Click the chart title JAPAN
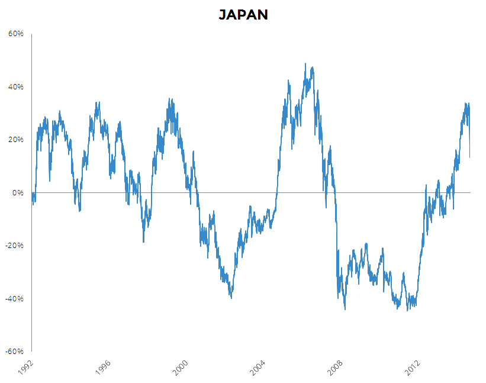243,15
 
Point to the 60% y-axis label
16,34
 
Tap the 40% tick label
16,87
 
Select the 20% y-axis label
16,140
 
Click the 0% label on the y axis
18,193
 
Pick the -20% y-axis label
15,246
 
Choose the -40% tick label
15,298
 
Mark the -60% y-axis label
15,351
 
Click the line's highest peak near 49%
305,64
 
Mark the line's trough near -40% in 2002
231,298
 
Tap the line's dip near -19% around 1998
143,242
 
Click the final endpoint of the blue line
470,157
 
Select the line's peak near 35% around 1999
170,99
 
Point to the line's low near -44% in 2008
345,309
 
